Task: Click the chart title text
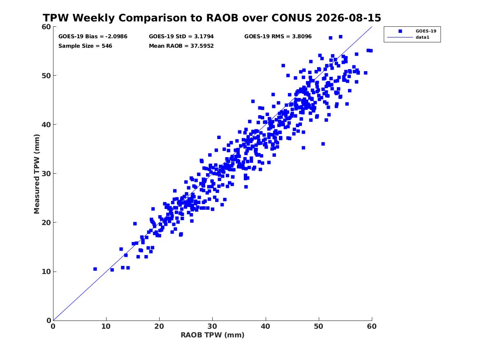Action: coord(212,18)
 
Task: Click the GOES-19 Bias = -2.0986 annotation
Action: coord(93,37)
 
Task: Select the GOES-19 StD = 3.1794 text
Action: coord(181,37)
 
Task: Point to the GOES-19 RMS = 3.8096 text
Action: coord(278,37)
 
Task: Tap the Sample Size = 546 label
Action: coord(85,46)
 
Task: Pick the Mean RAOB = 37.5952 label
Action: coord(181,46)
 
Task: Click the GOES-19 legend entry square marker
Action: coord(400,31)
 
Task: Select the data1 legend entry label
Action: coord(422,37)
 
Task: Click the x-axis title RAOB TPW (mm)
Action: coord(213,335)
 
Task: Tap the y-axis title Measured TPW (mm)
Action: coord(37,174)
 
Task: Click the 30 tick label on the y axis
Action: coord(46,174)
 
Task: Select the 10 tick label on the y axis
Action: coord(46,272)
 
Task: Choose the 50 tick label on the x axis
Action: coord(319,326)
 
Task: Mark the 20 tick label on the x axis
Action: coord(160,326)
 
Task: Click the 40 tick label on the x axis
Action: coord(266,326)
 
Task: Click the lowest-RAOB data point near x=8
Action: coord(95,269)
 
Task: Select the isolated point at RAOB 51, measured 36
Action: coord(323,144)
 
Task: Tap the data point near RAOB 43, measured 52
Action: coord(283,65)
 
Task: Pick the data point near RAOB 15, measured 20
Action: coord(135,224)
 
